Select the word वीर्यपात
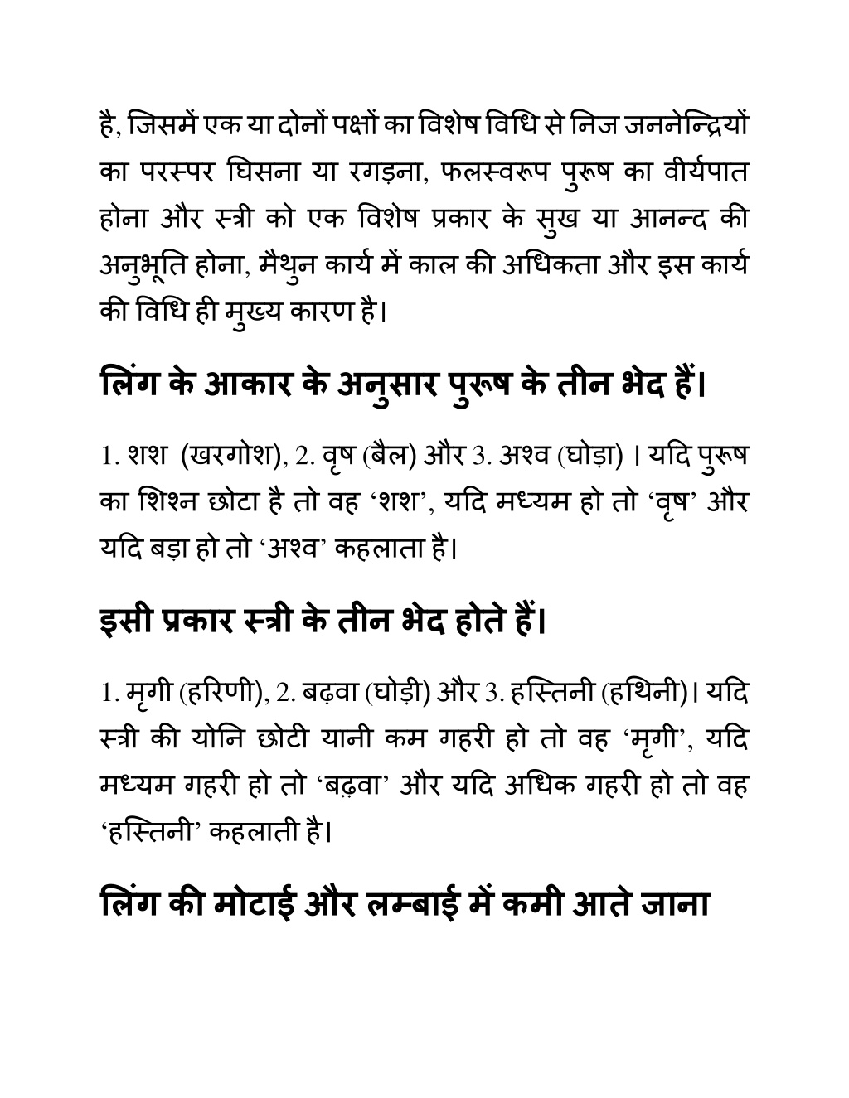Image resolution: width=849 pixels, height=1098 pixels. [x=707, y=173]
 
